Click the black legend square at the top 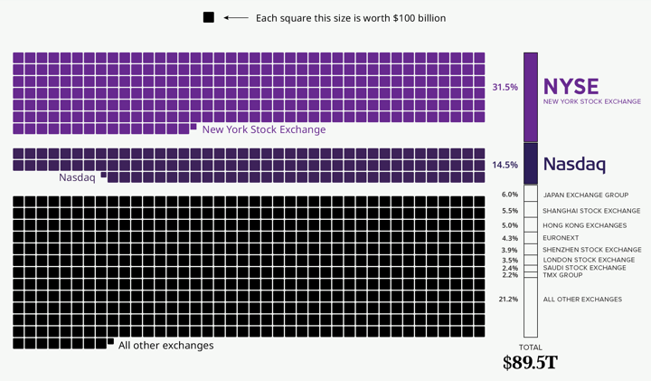209,17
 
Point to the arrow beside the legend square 236,17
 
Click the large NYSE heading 571,86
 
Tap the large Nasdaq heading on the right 574,165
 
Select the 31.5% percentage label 505,88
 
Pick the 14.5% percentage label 505,166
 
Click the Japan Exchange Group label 585,195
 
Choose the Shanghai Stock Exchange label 591,211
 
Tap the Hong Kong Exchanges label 584,225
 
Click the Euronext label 561,238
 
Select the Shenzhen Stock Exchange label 592,250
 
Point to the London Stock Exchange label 589,260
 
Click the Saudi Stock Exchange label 584,268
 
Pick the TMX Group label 562,275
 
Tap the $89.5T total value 530,363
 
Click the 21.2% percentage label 508,299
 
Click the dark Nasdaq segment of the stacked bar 531,163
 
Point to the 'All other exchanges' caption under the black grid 166,346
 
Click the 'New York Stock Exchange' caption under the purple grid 264,129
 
